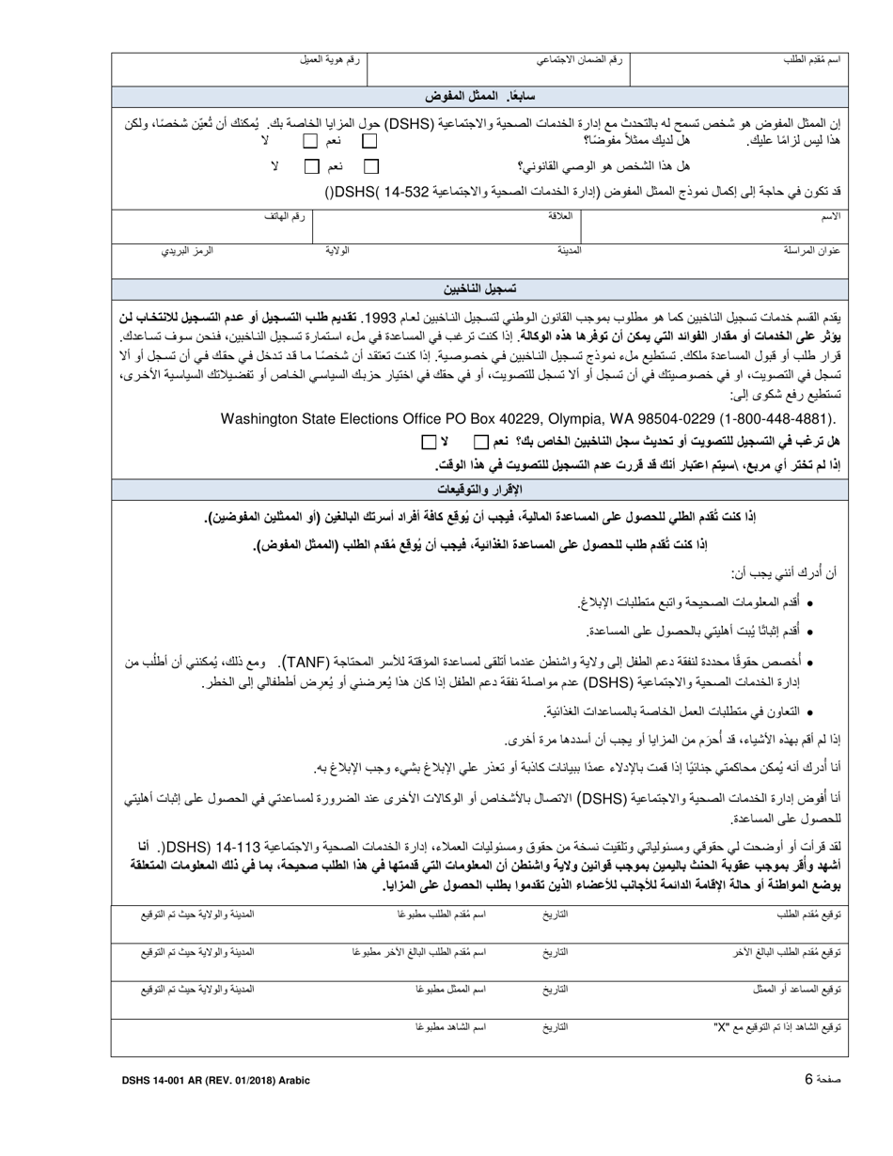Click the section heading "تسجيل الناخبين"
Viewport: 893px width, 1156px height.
[x=480, y=289]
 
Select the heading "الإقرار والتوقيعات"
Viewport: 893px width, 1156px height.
[x=480, y=490]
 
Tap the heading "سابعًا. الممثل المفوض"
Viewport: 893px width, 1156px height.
[x=474, y=97]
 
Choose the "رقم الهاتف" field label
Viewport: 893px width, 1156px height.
[x=285, y=216]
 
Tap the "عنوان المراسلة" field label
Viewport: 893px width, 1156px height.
[x=811, y=251]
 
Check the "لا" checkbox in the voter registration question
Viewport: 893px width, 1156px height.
[x=429, y=442]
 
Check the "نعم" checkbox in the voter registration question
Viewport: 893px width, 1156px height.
[x=480, y=442]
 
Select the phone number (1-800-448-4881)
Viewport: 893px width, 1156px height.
[x=771, y=419]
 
